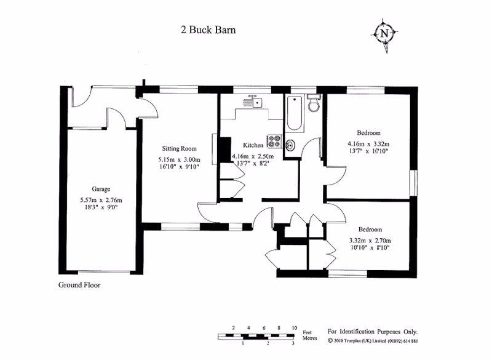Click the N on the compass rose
point(385,33)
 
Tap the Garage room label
point(101,190)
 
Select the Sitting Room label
point(179,149)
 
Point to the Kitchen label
point(253,145)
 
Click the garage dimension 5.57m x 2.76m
point(101,200)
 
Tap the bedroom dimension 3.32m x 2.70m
point(370,240)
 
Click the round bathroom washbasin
point(292,146)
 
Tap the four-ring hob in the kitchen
point(274,142)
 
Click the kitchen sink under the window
point(252,102)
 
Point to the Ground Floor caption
point(79,285)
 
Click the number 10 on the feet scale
point(295,328)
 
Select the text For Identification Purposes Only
point(373,330)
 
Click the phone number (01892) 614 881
point(398,341)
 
